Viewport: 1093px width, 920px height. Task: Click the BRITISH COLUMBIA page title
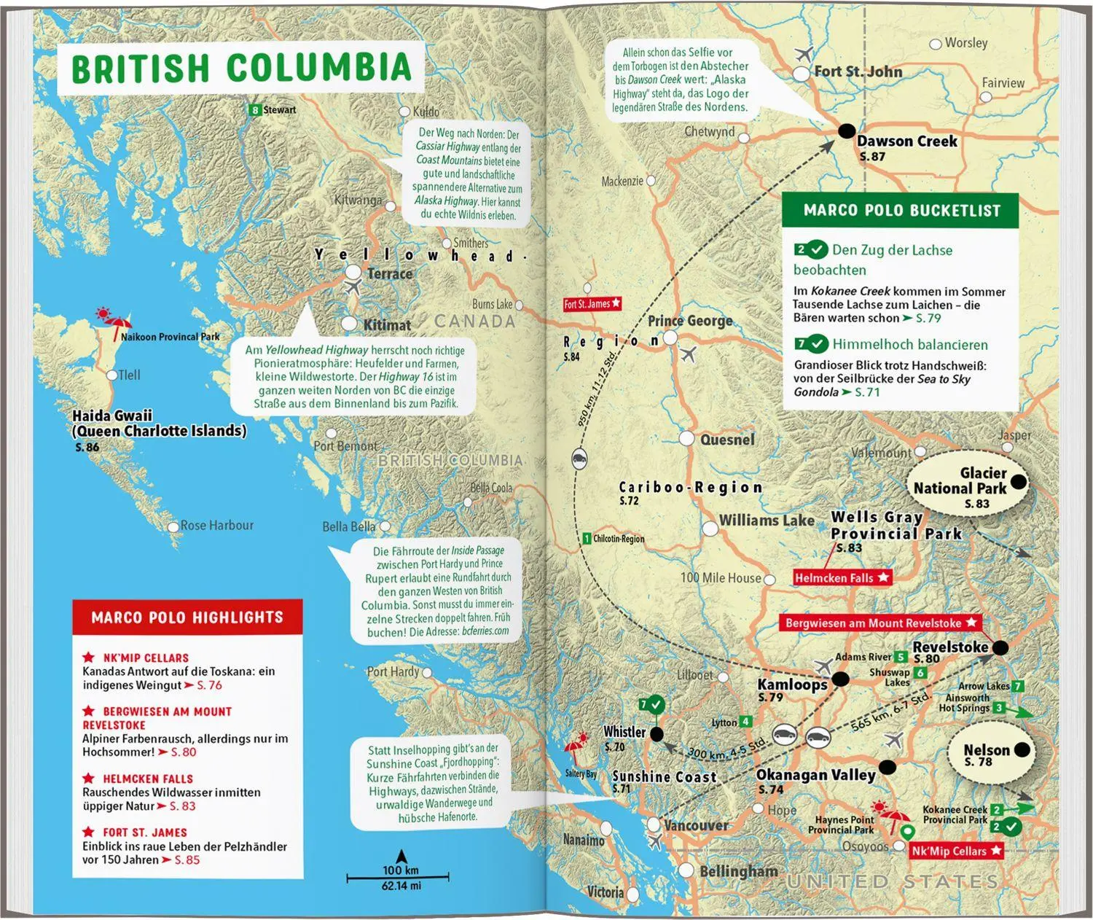tap(241, 68)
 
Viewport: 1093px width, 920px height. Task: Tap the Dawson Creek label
tap(906, 141)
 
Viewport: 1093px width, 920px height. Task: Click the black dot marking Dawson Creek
tap(846, 131)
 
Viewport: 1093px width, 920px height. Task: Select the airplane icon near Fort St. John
tap(804, 54)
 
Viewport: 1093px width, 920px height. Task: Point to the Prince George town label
tap(690, 321)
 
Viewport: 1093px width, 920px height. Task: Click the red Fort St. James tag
tap(592, 304)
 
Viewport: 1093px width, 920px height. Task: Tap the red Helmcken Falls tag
tap(842, 578)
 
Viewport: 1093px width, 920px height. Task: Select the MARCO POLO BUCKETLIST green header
tap(901, 211)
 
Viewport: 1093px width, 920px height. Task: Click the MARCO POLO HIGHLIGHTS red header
tap(187, 617)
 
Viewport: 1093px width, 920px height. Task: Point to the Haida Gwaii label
tap(112, 416)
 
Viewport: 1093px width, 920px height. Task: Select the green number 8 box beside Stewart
tap(254, 110)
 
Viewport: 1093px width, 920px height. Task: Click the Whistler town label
tap(624, 732)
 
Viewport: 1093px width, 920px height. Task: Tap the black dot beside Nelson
tap(1022, 749)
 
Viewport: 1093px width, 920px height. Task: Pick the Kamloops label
tap(792, 684)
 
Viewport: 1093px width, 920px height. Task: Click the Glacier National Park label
tap(960, 481)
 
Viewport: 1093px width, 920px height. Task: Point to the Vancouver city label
tap(696, 825)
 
